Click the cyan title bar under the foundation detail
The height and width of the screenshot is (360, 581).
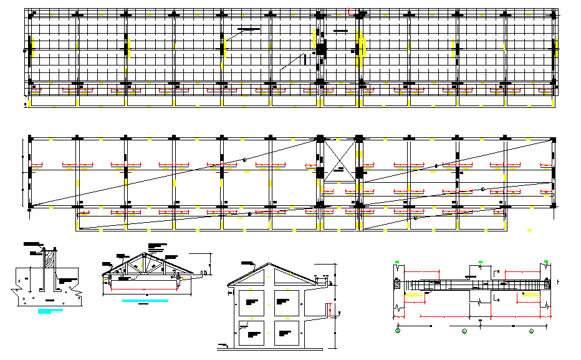(50, 310)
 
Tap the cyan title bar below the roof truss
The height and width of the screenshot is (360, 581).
(145, 301)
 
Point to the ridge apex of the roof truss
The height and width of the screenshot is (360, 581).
(144, 254)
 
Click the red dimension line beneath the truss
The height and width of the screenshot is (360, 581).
(146, 291)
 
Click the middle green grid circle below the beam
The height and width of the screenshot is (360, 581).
(464, 330)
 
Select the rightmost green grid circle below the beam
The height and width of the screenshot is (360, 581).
(532, 330)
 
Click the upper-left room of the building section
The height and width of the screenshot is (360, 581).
(252, 302)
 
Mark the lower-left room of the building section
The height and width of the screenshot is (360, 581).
(252, 334)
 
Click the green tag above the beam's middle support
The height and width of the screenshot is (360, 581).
(479, 261)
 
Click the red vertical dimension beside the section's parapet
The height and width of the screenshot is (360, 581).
(329, 309)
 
